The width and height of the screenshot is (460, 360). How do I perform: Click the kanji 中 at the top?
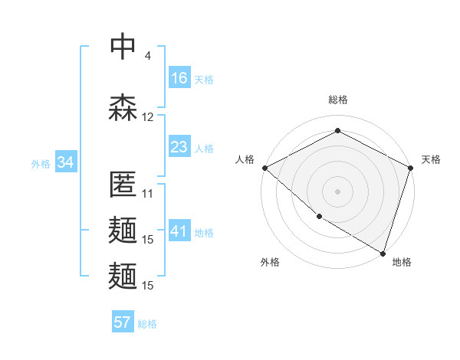[x=123, y=46]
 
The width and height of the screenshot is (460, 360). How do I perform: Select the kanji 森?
[x=123, y=107]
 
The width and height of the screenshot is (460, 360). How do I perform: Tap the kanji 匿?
[x=123, y=185]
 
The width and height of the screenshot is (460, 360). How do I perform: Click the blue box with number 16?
[x=179, y=78]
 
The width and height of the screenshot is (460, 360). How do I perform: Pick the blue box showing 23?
[x=179, y=147]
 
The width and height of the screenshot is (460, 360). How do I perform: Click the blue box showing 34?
[x=65, y=162]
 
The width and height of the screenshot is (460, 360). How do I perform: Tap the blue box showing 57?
[x=123, y=322]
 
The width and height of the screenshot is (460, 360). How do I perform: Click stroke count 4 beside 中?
[x=148, y=56]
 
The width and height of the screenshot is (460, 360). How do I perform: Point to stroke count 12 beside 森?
[x=148, y=117]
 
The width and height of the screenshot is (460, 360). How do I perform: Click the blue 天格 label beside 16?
[x=204, y=79]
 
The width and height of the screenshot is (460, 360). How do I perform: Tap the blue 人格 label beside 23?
[x=204, y=148]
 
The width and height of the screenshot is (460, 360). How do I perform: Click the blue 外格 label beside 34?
[x=41, y=163]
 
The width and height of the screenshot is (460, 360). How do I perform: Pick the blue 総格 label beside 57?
[x=147, y=323]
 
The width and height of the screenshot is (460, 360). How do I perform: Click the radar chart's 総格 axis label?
[x=337, y=100]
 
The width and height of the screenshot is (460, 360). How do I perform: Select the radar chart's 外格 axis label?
[x=270, y=262]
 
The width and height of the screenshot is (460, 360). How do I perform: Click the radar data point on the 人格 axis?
[x=264, y=168]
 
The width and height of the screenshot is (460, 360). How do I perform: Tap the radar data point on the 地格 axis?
[x=383, y=252]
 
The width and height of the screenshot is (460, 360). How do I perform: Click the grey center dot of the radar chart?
[x=337, y=191]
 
